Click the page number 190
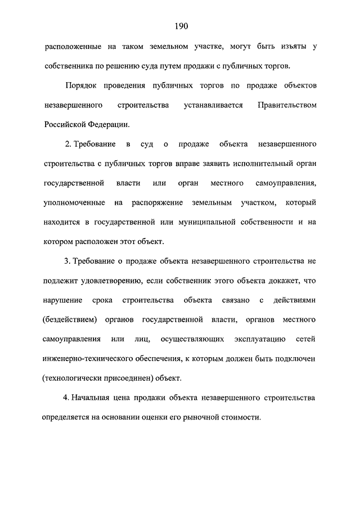181,26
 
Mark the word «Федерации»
109,125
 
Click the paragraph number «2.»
69,145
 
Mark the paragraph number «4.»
67,398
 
